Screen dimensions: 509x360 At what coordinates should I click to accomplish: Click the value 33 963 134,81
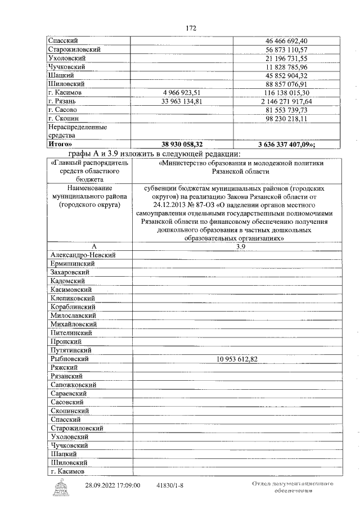click(x=182, y=101)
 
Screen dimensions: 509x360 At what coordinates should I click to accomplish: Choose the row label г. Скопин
click(x=64, y=119)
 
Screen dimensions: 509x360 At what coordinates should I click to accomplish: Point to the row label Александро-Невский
click(x=83, y=255)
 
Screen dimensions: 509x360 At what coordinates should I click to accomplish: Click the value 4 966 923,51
click(x=182, y=92)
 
